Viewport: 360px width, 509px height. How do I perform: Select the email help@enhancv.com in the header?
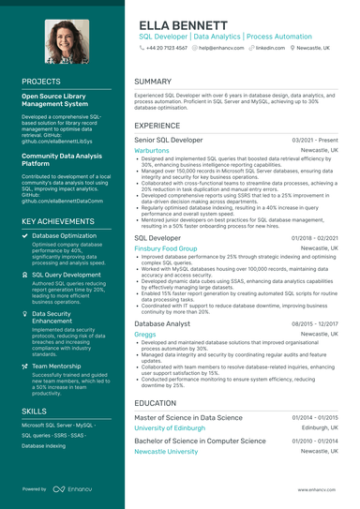[222, 46]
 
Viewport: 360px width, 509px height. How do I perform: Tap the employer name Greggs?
[145, 334]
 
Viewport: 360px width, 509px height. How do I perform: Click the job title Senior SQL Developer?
[169, 140]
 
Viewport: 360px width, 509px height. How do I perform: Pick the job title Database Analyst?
[162, 323]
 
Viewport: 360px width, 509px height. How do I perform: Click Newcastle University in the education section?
[167, 451]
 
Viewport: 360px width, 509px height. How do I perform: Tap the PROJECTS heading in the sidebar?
[41, 82]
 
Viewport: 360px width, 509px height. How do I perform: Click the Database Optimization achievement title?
[65, 235]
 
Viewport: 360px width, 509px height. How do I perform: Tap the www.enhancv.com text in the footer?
[319, 489]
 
